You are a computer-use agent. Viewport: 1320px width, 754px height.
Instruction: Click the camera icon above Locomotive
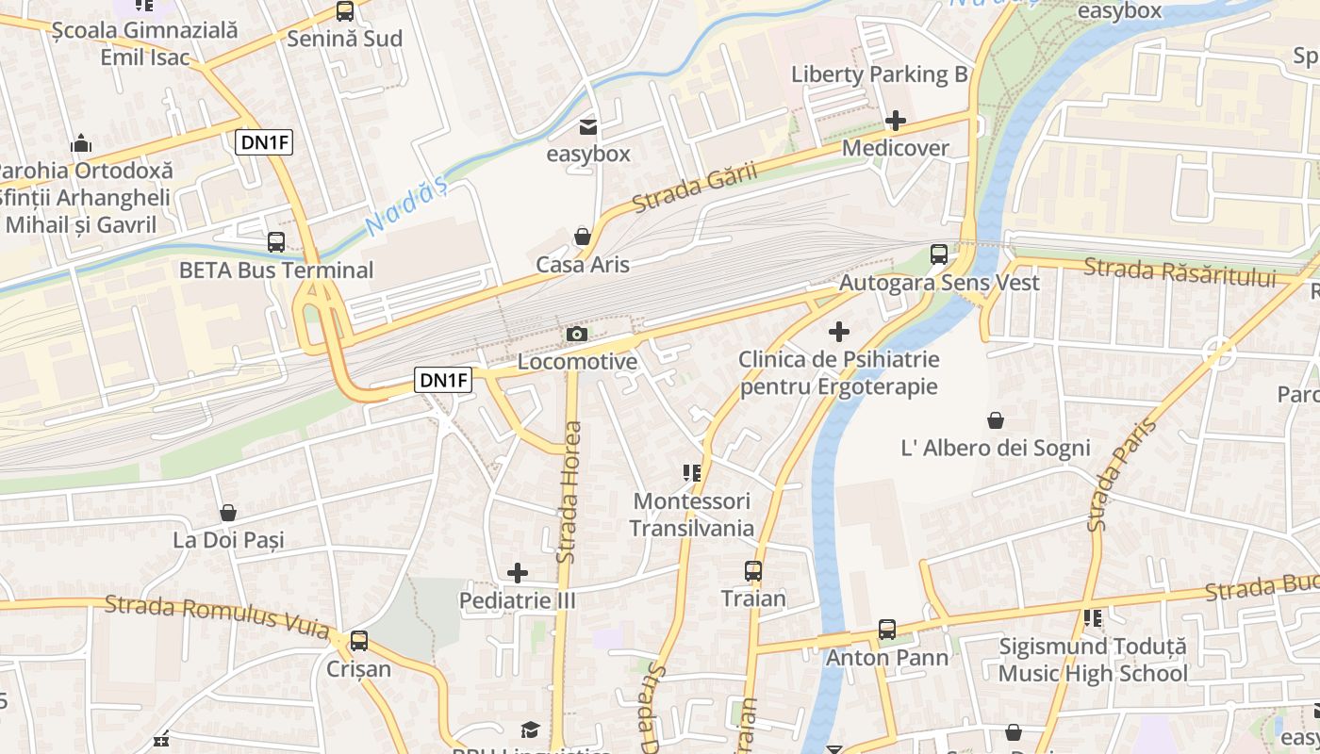click(577, 334)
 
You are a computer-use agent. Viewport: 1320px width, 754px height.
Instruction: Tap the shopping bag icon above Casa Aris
click(583, 236)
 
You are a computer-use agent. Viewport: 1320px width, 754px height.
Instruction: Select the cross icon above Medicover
click(896, 121)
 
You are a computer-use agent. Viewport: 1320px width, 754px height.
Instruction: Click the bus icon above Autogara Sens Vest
click(939, 254)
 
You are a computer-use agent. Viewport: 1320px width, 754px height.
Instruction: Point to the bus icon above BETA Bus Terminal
click(276, 241)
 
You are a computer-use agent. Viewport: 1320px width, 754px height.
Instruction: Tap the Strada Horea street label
click(569, 492)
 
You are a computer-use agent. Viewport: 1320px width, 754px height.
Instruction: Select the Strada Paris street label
click(1109, 475)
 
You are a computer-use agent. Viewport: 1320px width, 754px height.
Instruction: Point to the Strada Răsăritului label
click(1180, 272)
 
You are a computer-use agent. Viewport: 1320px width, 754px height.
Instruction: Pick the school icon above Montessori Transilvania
click(692, 472)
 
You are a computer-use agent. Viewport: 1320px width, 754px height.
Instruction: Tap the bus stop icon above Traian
click(752, 570)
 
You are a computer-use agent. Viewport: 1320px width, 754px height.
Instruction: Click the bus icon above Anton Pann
click(887, 629)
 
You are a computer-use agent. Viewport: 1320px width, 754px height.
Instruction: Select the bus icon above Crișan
click(358, 641)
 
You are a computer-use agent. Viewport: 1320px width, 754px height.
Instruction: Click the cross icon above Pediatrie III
click(517, 572)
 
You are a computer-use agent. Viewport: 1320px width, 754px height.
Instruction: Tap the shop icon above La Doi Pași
click(228, 513)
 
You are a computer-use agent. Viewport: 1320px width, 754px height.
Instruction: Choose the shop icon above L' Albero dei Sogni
click(996, 419)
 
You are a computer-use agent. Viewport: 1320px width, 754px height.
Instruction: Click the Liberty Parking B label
click(880, 74)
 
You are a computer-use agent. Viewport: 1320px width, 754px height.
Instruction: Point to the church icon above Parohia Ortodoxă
click(81, 143)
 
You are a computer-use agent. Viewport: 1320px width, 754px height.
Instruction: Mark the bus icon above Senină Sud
click(345, 11)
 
